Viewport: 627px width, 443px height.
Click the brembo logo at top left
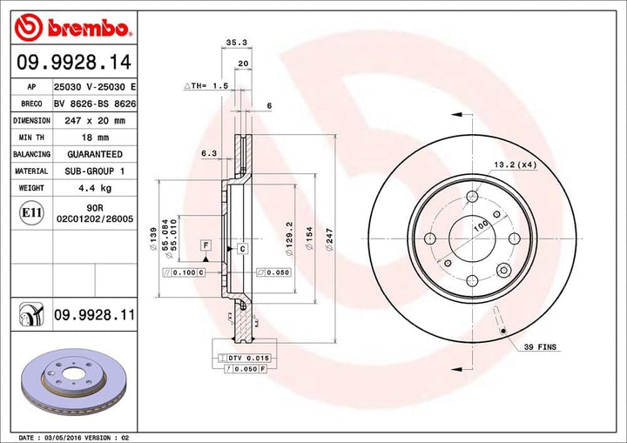(x=73, y=28)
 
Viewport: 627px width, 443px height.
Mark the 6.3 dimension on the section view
(x=209, y=153)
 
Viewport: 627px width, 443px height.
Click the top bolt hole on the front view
(x=470, y=197)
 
